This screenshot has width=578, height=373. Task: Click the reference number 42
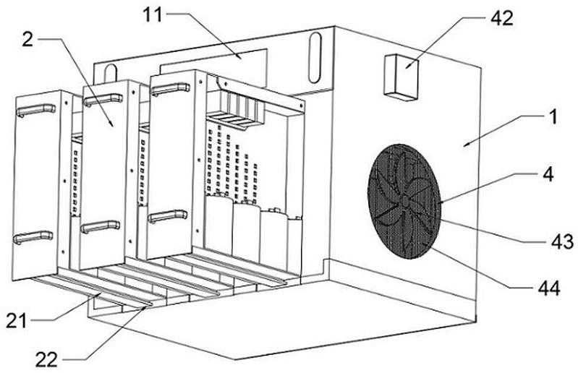point(501,17)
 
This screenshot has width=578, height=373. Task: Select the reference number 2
point(27,40)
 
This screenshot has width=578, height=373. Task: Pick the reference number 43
point(562,241)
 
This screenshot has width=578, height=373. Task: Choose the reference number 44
point(549,288)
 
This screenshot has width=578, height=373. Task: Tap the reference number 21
point(17,321)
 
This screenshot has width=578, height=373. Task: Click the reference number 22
point(46,359)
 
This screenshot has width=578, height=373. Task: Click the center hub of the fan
point(405,201)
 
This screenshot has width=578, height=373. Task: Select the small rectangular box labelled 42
point(401,77)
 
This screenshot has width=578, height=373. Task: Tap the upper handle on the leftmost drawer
point(35,109)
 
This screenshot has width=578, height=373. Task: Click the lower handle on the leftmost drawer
point(33,237)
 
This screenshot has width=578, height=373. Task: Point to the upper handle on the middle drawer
point(103,99)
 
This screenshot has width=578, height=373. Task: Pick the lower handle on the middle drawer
point(101,226)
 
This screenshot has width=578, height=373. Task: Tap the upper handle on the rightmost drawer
point(170,89)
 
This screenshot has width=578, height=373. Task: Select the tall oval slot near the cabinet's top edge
point(315,58)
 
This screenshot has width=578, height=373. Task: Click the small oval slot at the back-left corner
point(111,74)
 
